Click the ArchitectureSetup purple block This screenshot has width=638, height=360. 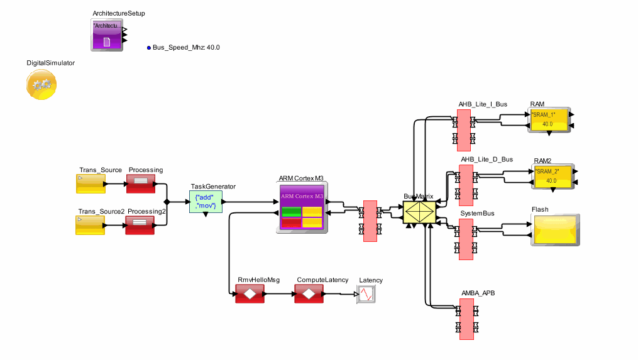point(107,35)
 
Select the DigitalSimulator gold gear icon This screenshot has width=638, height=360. point(41,84)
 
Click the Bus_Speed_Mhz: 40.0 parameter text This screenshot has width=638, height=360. point(186,48)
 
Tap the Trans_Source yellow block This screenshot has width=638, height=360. point(90,184)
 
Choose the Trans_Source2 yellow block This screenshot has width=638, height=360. point(90,225)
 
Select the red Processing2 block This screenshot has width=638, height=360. point(140,225)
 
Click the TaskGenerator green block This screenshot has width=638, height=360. point(206,202)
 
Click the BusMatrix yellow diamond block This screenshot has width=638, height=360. point(419,212)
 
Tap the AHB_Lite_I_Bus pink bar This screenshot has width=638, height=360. point(464,130)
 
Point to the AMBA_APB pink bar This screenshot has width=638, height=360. point(466,319)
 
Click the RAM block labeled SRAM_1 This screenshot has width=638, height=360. point(547,119)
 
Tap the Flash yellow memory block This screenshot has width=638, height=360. point(555,230)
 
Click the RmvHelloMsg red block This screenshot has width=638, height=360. point(249,293)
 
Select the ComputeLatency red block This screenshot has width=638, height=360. point(308,293)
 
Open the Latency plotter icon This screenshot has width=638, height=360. point(366,294)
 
